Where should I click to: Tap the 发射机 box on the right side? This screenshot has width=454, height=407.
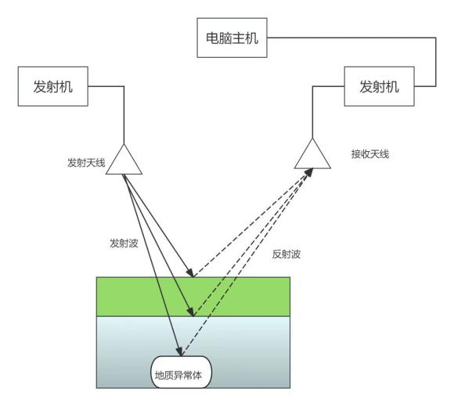pos(379,86)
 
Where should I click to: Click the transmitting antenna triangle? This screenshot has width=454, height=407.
pos(124,161)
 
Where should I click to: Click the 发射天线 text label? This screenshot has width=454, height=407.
pos(86,164)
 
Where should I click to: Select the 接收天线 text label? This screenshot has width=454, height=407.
pos(370,154)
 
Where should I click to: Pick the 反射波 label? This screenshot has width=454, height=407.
pos(286,254)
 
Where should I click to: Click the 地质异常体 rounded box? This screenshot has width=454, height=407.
pos(182,373)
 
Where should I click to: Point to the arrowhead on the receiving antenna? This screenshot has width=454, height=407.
pos(308,171)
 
